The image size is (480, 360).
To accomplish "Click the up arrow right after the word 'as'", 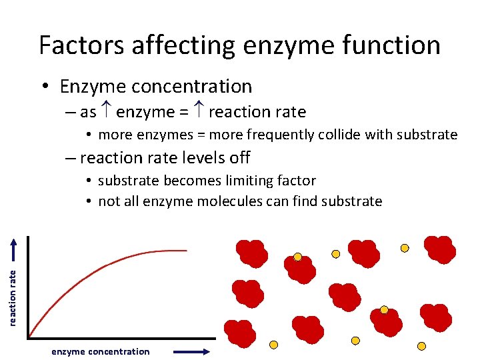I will point(107,112).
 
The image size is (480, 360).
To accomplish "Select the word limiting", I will point(245,181).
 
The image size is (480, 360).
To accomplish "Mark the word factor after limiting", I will point(294,181).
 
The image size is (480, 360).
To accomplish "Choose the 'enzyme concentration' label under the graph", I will point(101,351).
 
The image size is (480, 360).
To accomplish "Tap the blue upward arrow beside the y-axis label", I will point(13,250).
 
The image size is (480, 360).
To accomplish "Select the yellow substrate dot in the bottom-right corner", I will point(421,346).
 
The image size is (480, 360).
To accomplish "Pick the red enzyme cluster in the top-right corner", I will point(440,249).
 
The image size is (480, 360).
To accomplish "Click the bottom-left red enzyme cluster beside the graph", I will point(238,333).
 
